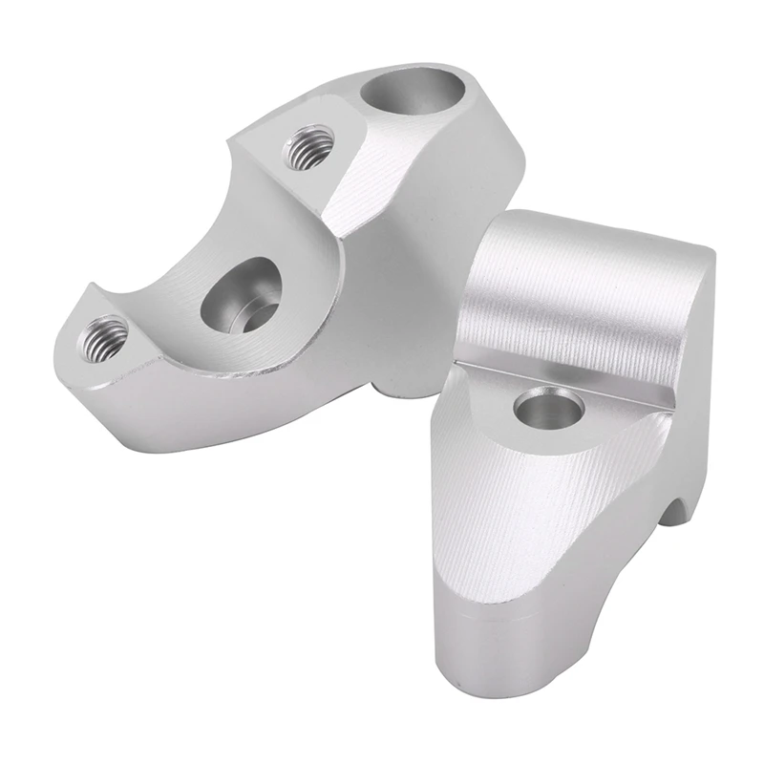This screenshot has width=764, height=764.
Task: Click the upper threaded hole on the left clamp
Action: pyautogui.click(x=307, y=145)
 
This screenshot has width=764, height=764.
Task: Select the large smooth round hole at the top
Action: pyautogui.click(x=416, y=95)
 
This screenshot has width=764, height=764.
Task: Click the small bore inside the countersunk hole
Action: pyautogui.click(x=250, y=316)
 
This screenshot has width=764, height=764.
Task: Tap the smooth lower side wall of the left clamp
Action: pyautogui.click(x=239, y=411)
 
